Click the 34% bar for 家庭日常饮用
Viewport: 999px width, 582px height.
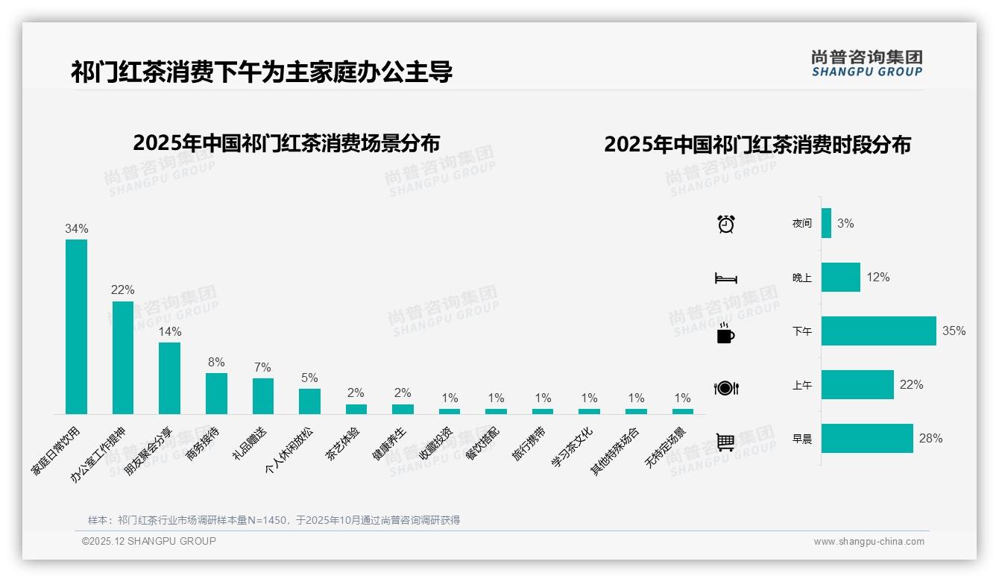[76, 326]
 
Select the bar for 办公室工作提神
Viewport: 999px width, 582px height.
[123, 357]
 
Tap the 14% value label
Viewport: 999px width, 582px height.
[169, 331]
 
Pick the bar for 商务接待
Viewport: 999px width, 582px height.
[216, 393]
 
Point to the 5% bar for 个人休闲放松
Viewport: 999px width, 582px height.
[309, 401]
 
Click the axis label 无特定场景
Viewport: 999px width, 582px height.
[665, 448]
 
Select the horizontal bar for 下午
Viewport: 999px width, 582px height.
[878, 331]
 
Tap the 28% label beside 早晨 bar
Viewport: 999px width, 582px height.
[930, 438]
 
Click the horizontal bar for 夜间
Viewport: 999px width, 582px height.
[826, 223]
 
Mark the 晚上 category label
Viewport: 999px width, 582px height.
[802, 278]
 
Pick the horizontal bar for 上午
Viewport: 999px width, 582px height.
[857, 385]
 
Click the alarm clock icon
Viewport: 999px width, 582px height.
[726, 224]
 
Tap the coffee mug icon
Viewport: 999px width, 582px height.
[725, 334]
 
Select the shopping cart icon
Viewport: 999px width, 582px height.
[725, 442]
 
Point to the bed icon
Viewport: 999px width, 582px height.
[725, 278]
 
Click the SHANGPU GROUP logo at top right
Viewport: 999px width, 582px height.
[866, 63]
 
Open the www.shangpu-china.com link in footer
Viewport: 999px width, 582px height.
[869, 542]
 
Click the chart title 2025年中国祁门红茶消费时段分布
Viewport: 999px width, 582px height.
[757, 145]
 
